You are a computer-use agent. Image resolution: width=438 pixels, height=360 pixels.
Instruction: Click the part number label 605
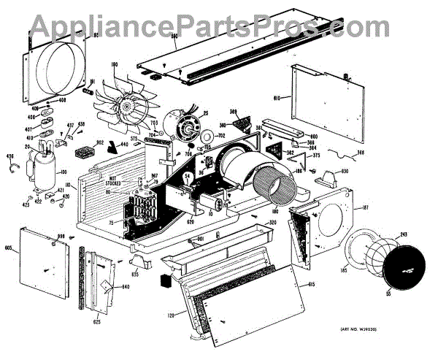click(x=9, y=249)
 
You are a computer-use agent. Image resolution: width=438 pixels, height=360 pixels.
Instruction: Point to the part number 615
click(x=311, y=284)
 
